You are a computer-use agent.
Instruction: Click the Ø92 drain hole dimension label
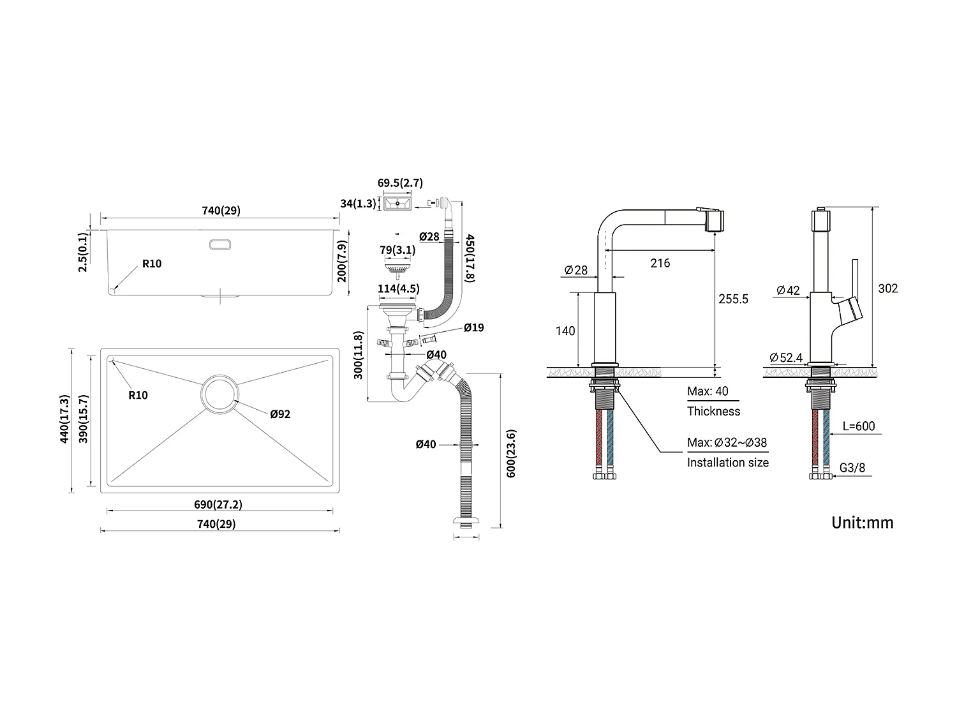[280, 414]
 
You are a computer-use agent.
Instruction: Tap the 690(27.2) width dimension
[218, 504]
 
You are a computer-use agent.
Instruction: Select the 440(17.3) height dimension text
[64, 419]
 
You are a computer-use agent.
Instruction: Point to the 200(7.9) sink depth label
[341, 261]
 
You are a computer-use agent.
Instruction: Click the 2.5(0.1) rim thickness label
[83, 252]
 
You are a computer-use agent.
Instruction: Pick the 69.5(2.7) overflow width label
[400, 183]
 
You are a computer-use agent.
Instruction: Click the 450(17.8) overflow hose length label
[470, 258]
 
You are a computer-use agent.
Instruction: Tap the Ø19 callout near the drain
[473, 327]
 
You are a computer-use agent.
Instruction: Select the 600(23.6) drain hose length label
[510, 453]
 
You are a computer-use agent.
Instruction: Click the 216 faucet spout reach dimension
[660, 263]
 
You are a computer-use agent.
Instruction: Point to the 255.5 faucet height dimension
[733, 299]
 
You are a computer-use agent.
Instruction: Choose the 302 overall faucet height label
[887, 288]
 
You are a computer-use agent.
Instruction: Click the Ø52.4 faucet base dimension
[786, 357]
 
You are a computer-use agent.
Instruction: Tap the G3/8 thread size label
[852, 468]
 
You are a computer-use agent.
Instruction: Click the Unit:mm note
[862, 523]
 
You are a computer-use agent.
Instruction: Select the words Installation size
[727, 463]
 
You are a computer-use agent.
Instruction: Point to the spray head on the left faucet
[715, 221]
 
